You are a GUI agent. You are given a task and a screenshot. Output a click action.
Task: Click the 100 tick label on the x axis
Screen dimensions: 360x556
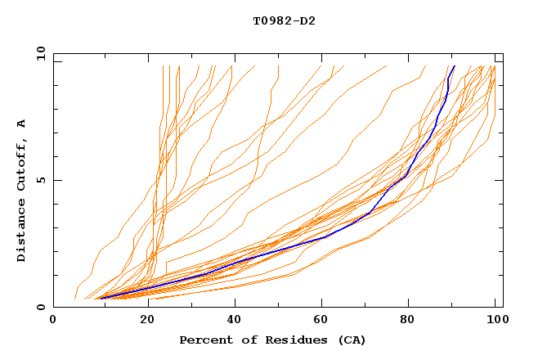pyautogui.click(x=493, y=320)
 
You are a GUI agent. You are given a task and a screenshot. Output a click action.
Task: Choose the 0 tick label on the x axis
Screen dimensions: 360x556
pyautogui.click(x=54, y=320)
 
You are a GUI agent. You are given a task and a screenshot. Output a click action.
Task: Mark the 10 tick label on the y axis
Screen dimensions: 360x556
pyautogui.click(x=40, y=54)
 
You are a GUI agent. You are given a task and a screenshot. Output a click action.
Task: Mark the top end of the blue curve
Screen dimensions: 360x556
pyautogui.click(x=454, y=66)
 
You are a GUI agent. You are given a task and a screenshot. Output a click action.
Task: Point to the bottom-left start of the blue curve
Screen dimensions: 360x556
pyautogui.click(x=99, y=298)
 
